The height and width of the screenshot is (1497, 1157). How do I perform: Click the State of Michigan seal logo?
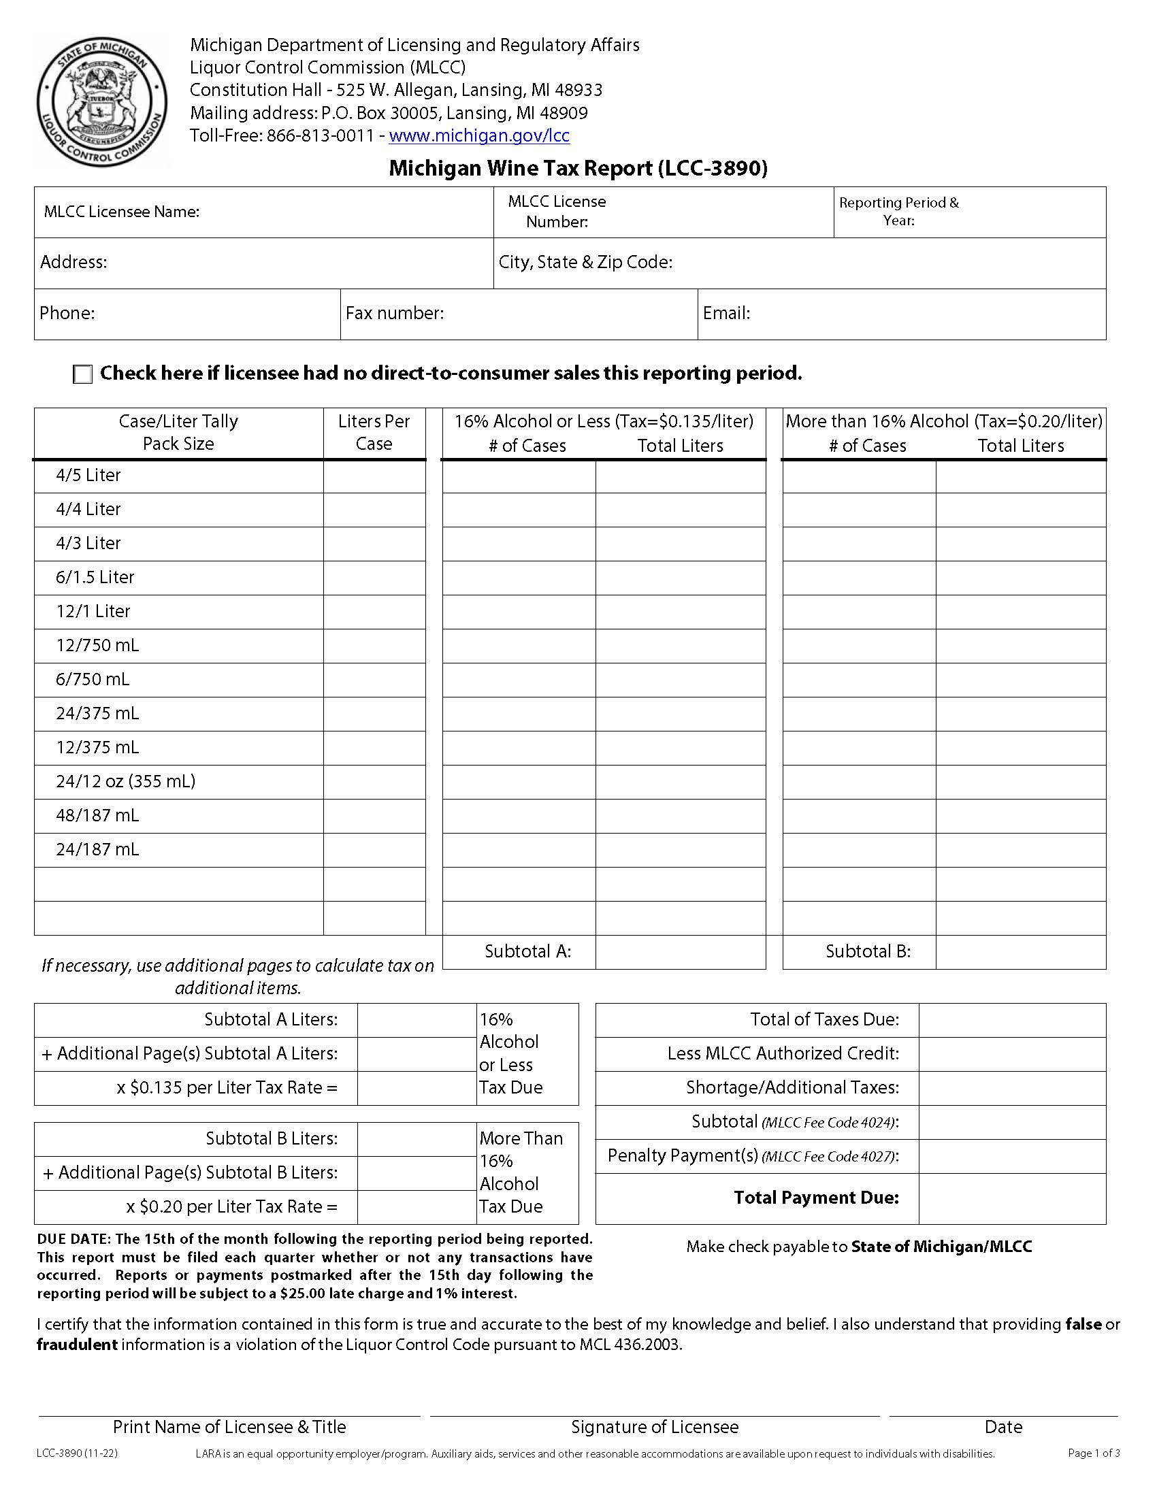click(x=101, y=101)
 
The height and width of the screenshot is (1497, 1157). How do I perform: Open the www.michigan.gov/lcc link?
click(x=478, y=135)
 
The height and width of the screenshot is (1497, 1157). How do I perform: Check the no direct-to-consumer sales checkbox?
click(x=82, y=374)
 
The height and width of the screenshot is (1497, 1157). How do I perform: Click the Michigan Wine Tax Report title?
click(x=578, y=169)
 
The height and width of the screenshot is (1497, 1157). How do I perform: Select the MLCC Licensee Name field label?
click(x=121, y=212)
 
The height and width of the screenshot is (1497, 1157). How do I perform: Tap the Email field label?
click(x=726, y=314)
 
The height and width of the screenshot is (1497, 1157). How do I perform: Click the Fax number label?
click(x=394, y=314)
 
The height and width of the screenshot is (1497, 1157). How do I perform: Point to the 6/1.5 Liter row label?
click(x=95, y=577)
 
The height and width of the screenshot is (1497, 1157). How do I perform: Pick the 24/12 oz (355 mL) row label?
click(x=125, y=781)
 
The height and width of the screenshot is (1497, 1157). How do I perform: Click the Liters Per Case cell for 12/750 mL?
click(x=374, y=646)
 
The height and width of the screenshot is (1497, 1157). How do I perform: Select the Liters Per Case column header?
click(x=374, y=433)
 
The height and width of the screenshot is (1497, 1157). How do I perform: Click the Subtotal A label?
click(x=527, y=951)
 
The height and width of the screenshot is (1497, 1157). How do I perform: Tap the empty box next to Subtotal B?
click(x=1020, y=952)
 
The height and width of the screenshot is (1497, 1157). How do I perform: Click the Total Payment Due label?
click(x=815, y=1198)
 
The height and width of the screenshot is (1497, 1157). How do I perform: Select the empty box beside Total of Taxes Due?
click(x=1011, y=1020)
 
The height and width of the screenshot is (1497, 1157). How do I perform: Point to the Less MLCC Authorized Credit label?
click(x=783, y=1053)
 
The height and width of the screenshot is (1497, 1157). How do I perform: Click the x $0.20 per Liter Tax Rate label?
click(x=231, y=1206)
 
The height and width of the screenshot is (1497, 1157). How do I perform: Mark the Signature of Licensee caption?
click(x=655, y=1427)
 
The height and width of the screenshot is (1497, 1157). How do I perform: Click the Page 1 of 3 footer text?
click(x=1093, y=1453)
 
